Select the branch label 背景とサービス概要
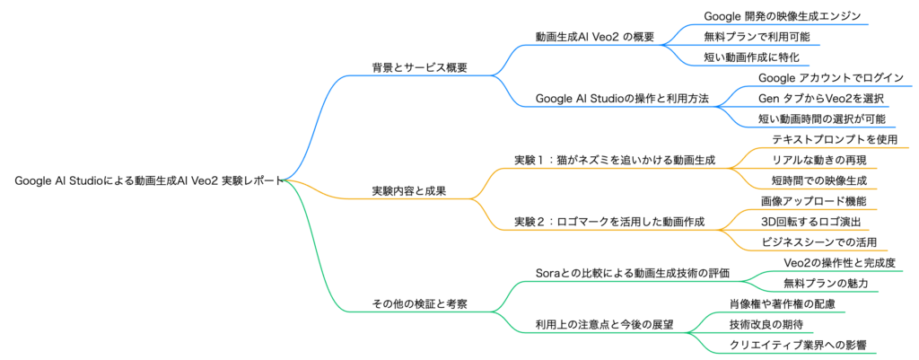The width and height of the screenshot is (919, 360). [x=420, y=67]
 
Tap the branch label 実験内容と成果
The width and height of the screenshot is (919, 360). [x=409, y=190]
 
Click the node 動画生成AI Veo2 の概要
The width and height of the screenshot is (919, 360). [x=594, y=37]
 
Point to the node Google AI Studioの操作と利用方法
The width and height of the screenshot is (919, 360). [x=621, y=98]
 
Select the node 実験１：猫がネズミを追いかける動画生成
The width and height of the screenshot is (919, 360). [x=615, y=160]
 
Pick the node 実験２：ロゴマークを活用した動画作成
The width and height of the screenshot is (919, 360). [x=609, y=221]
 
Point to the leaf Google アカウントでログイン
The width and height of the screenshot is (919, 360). [x=831, y=78]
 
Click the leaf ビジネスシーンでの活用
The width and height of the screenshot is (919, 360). [x=818, y=241]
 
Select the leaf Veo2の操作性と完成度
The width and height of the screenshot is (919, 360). [x=839, y=262]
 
